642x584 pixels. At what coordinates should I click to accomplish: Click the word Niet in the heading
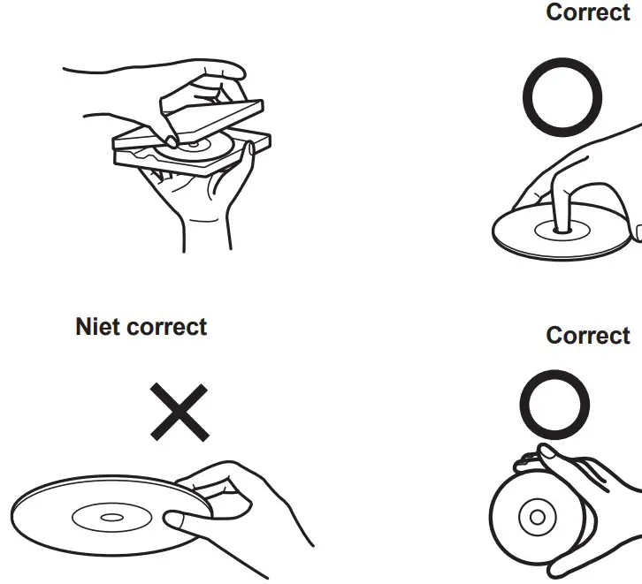[97, 327]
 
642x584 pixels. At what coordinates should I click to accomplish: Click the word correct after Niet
[166, 327]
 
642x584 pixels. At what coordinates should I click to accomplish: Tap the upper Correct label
[588, 13]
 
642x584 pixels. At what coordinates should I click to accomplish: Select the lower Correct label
[588, 336]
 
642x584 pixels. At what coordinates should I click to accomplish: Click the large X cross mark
[180, 411]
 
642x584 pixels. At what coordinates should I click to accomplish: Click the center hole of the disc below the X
[112, 516]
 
